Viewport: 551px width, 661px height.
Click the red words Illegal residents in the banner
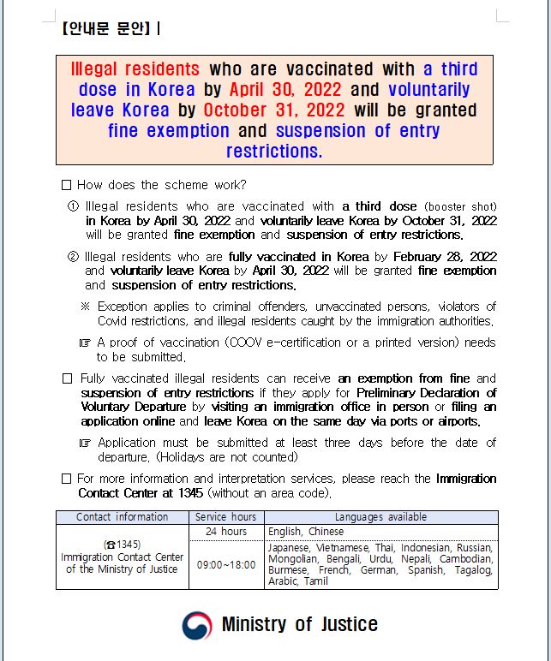tap(135, 69)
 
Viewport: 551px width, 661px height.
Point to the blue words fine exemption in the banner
tap(169, 131)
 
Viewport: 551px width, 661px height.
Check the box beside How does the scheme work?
tap(67, 185)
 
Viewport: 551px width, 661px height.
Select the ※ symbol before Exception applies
tap(85, 307)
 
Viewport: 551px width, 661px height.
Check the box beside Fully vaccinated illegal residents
tap(67, 378)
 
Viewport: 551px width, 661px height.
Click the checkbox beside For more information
tap(67, 479)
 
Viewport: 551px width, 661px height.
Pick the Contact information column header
tap(123, 517)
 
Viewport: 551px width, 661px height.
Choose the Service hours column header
tap(225, 517)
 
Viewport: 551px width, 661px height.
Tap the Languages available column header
tap(380, 517)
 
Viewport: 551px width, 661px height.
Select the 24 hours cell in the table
tap(225, 532)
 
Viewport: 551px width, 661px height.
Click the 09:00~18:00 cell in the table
tap(225, 564)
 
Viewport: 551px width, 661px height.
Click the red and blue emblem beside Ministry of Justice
tap(196, 625)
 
